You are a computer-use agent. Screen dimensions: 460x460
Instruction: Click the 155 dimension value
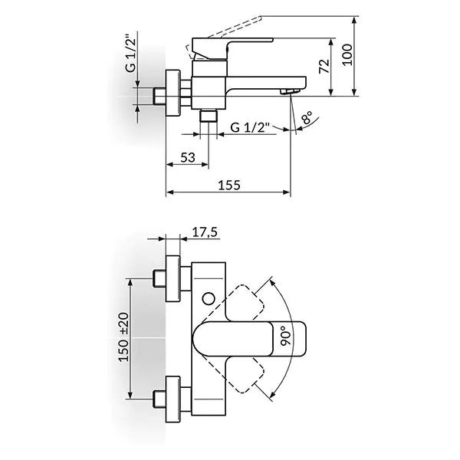[x=229, y=184]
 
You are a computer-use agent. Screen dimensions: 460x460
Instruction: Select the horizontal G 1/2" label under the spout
[x=251, y=129]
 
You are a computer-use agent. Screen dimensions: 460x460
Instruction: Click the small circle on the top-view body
[x=209, y=296]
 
